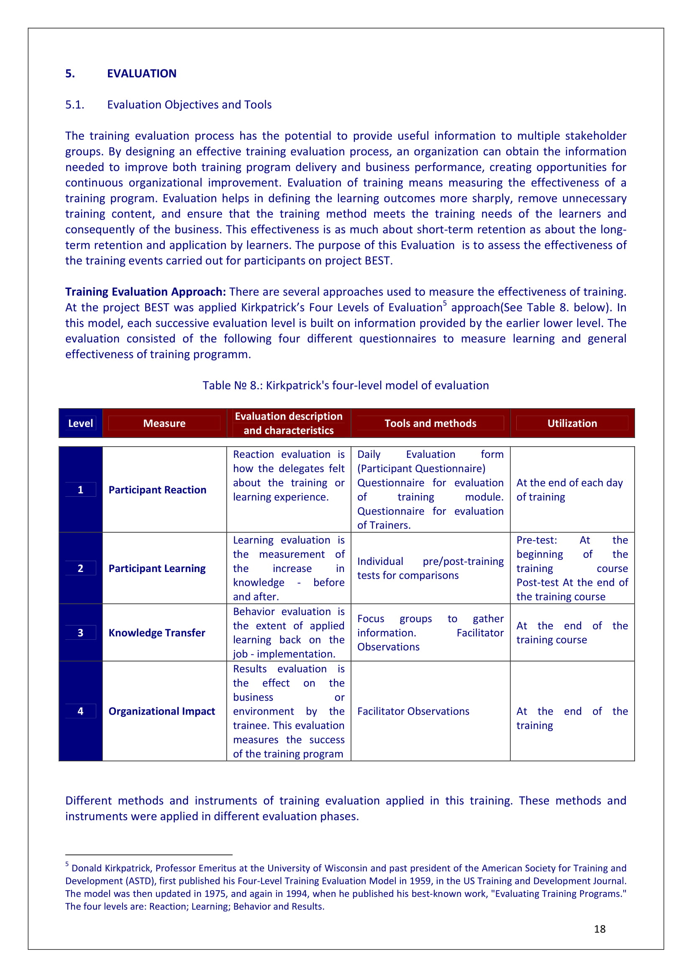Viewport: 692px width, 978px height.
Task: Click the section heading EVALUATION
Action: click(141, 74)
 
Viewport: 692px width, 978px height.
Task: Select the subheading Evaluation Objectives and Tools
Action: click(189, 105)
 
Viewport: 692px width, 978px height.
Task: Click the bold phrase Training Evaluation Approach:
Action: click(145, 292)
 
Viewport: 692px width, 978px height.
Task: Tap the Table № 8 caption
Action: click(346, 386)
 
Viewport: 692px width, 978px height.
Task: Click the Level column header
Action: click(80, 424)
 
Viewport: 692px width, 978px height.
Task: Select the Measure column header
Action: click(164, 424)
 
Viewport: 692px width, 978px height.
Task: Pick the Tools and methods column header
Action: click(431, 424)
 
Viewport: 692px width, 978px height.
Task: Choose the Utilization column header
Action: click(572, 424)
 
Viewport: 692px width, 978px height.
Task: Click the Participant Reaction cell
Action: click(157, 490)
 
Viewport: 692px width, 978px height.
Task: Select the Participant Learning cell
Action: click(157, 569)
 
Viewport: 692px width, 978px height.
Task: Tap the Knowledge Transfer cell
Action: click(157, 633)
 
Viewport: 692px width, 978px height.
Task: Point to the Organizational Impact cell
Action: click(161, 711)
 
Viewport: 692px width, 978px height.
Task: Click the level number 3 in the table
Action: click(80, 633)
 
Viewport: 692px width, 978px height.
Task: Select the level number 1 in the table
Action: click(80, 490)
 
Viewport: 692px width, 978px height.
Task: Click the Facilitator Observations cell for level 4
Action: click(413, 711)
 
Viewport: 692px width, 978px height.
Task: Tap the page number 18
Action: click(600, 929)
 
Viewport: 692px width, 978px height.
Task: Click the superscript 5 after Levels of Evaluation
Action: click(445, 303)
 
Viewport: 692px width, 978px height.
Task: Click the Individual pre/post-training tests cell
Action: click(430, 569)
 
